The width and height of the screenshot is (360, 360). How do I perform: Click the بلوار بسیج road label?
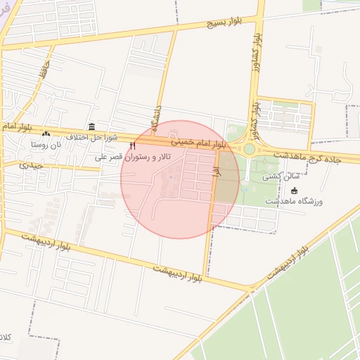coord(224,23)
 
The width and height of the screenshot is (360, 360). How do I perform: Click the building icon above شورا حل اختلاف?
coord(92,125)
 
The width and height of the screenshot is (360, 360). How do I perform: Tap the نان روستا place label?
coord(46,143)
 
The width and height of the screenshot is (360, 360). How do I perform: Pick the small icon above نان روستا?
coord(46,134)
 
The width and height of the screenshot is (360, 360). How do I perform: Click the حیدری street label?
coord(32,166)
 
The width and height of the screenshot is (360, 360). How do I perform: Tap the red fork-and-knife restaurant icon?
coord(131,145)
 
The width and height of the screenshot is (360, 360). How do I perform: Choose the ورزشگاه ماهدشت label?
coord(294,202)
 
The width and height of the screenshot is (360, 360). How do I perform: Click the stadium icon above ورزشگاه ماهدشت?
coord(294,191)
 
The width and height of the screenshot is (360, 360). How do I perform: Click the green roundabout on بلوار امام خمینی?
coord(249,148)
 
